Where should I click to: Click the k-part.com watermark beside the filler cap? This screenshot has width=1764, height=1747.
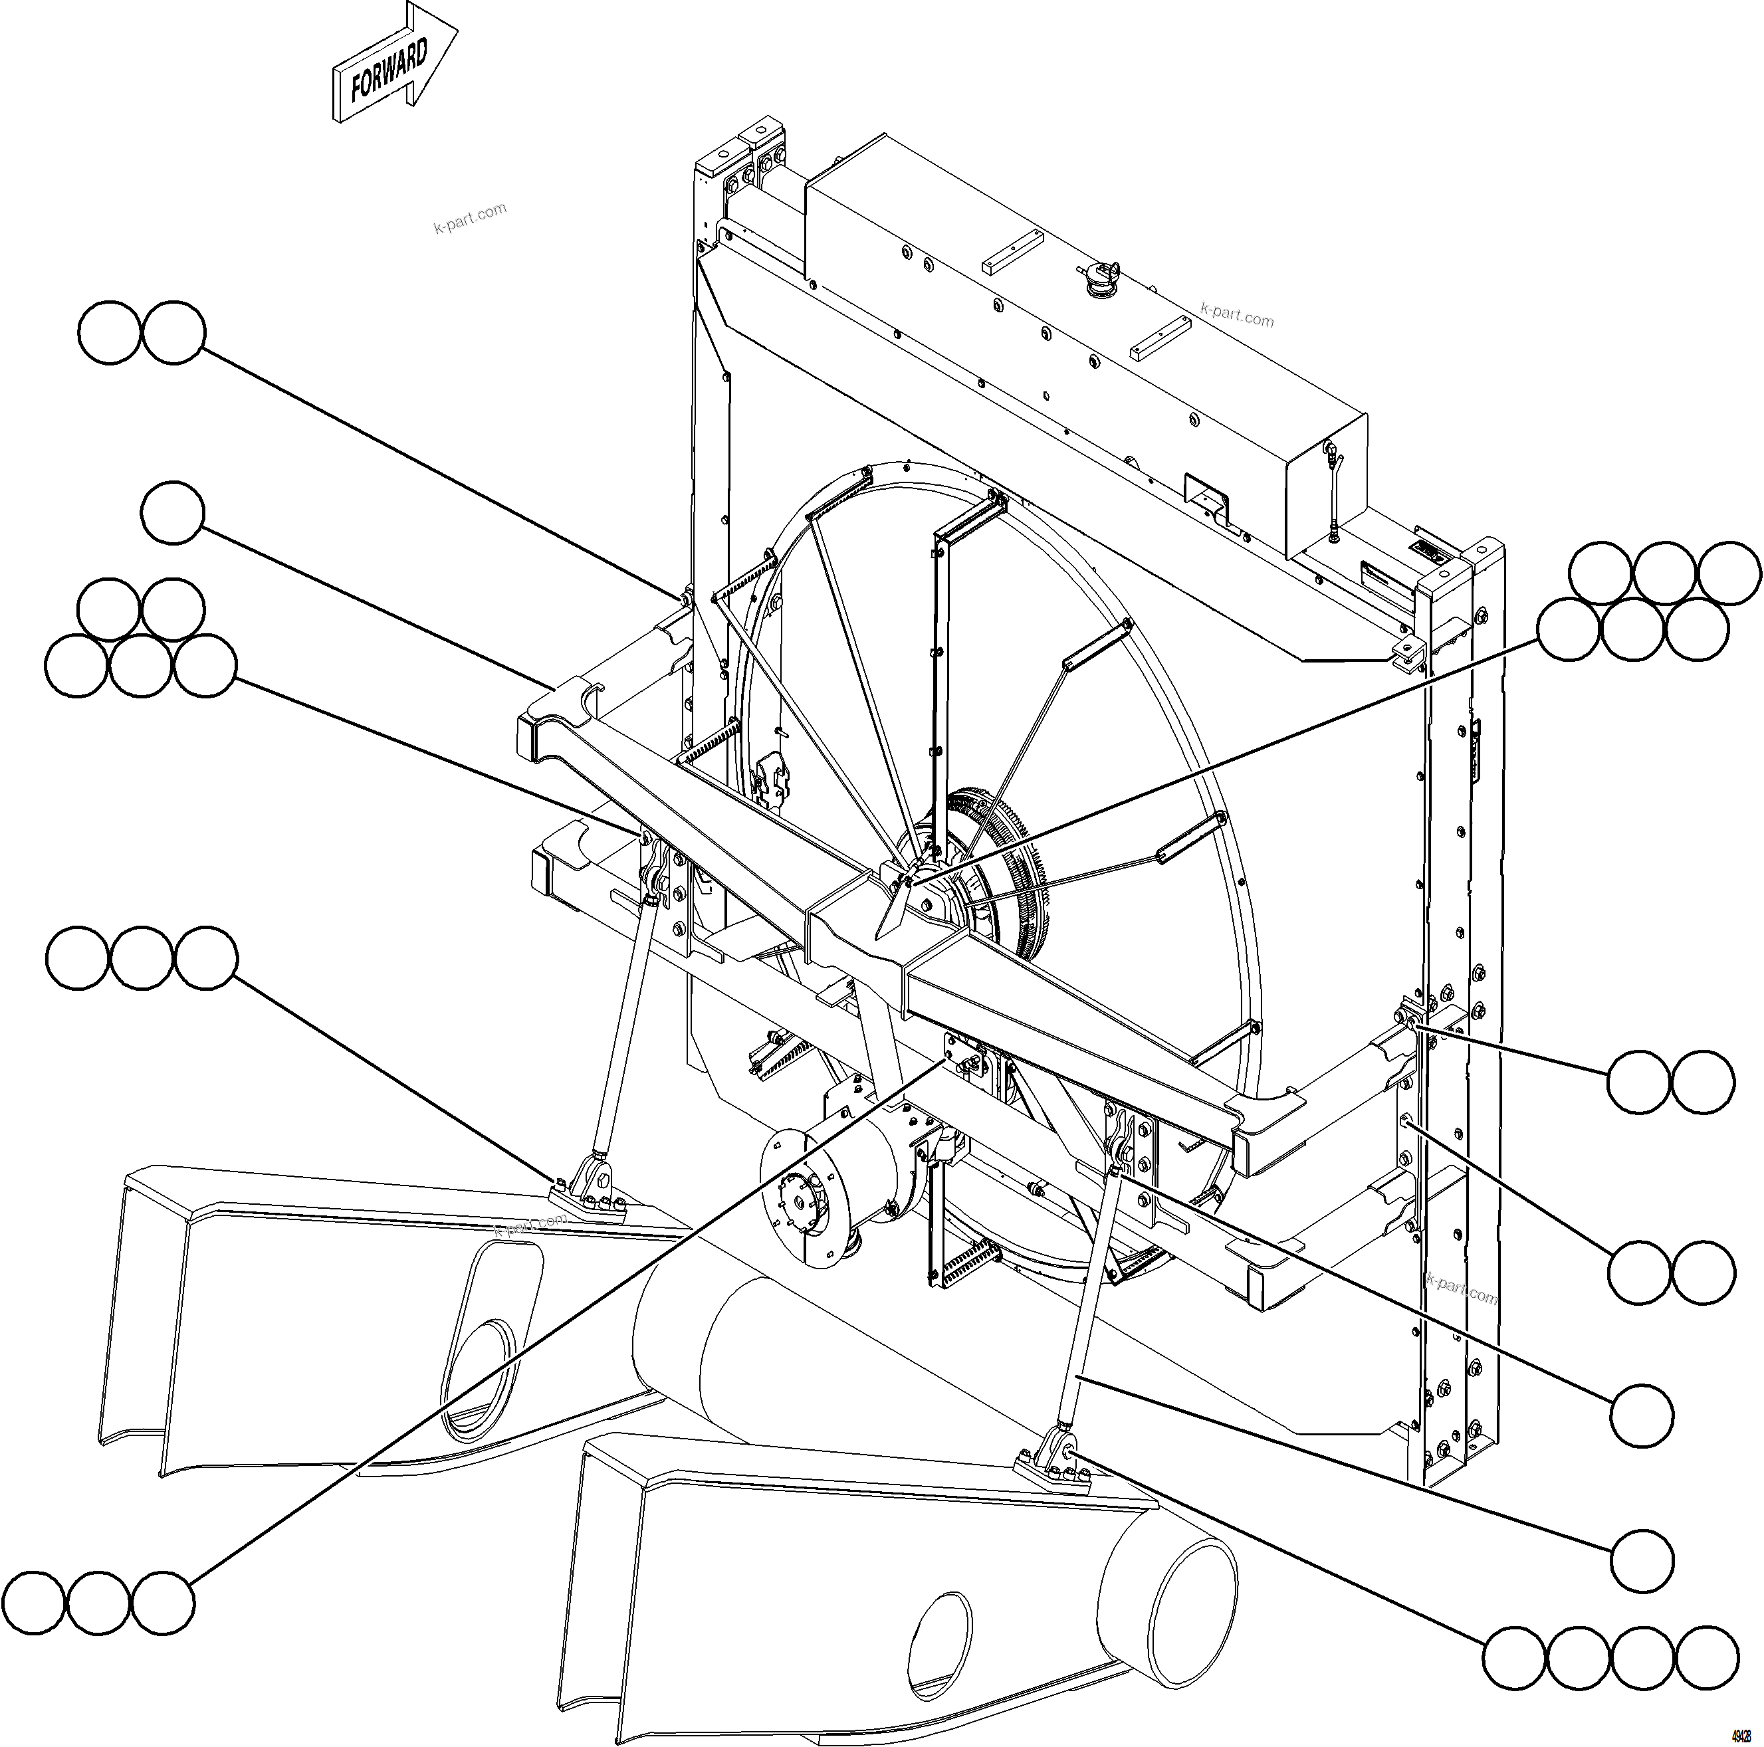[x=1237, y=315]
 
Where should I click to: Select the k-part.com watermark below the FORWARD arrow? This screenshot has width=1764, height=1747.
[x=470, y=217]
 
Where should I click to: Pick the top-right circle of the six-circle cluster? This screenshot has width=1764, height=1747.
[x=1729, y=573]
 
